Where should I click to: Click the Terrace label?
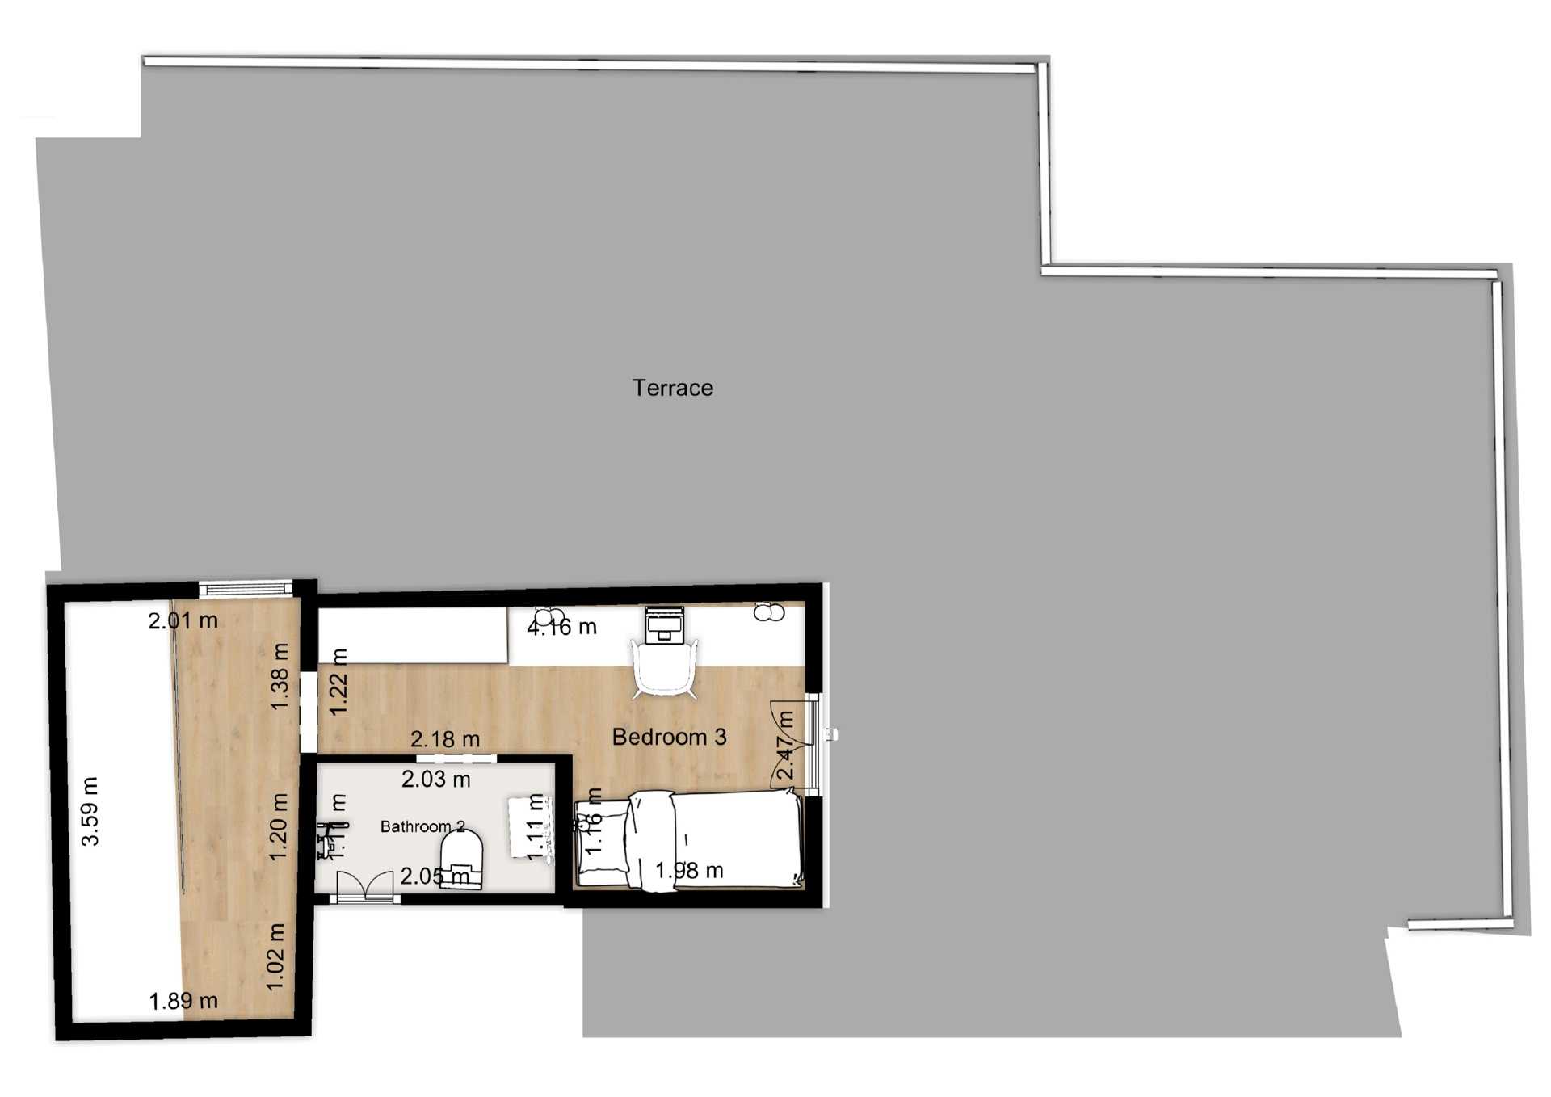pyautogui.click(x=672, y=388)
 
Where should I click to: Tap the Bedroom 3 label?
pyautogui.click(x=669, y=737)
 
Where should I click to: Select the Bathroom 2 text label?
pyautogui.click(x=422, y=826)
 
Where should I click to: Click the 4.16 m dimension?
pyautogui.click(x=561, y=627)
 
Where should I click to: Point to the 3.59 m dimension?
pyautogui.click(x=90, y=811)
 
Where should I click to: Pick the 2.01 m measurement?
pyautogui.click(x=183, y=620)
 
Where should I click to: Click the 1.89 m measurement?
pyautogui.click(x=183, y=1001)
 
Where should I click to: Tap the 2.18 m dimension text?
pyautogui.click(x=445, y=739)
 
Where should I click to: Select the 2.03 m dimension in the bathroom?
pyautogui.click(x=436, y=780)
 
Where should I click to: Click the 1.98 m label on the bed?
pyautogui.click(x=689, y=871)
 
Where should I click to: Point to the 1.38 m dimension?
pyautogui.click(x=280, y=676)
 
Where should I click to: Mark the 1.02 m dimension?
pyautogui.click(x=275, y=956)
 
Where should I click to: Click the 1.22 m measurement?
pyautogui.click(x=338, y=681)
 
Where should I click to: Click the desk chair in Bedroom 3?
pyautogui.click(x=664, y=667)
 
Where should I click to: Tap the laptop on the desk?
pyautogui.click(x=664, y=624)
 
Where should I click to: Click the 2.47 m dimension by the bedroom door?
pyautogui.click(x=784, y=746)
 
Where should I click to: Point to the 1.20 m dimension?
pyautogui.click(x=278, y=826)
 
